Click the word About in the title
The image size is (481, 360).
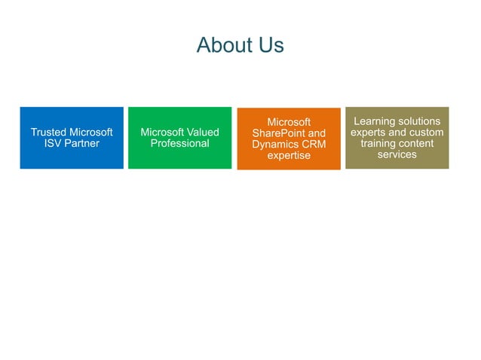tap(223, 45)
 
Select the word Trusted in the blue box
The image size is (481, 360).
tap(48, 133)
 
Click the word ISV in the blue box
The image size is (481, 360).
tap(56, 144)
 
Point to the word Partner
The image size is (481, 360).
tap(83, 144)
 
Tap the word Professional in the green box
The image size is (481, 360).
tap(179, 144)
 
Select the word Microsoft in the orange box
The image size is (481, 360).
tap(289, 122)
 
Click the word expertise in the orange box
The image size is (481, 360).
tap(289, 156)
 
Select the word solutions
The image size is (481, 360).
tap(420, 121)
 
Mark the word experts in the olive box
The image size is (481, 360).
tap(369, 133)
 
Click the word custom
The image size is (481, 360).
tap(427, 133)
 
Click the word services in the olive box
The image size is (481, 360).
tap(397, 155)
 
